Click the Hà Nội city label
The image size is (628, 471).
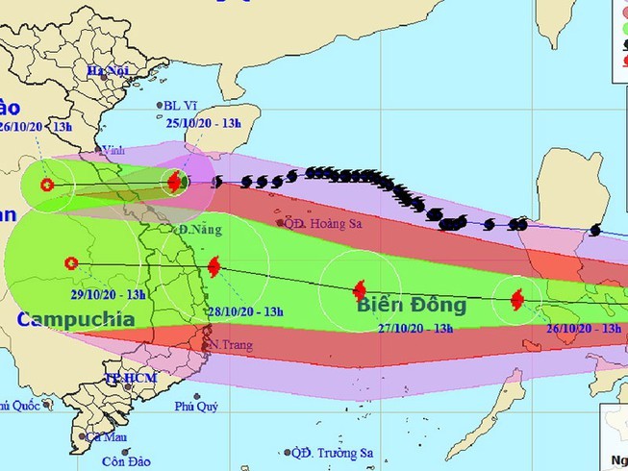click(107, 71)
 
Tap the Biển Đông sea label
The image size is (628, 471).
click(412, 306)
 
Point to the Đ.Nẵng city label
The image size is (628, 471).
click(197, 230)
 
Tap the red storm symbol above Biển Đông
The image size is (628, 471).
click(360, 289)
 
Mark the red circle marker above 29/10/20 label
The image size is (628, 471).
click(70, 262)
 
